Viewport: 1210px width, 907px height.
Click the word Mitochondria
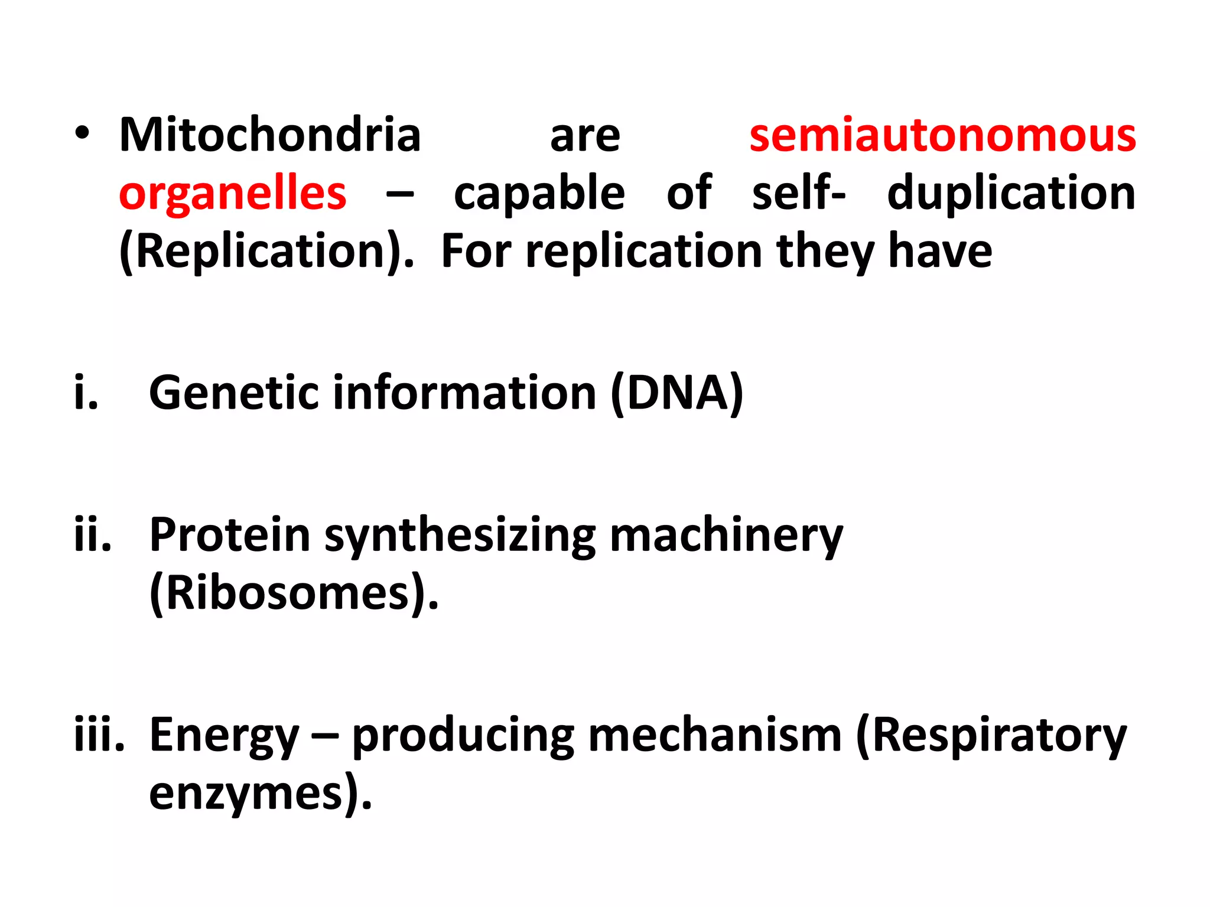(x=270, y=135)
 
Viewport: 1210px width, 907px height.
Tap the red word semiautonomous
(x=942, y=135)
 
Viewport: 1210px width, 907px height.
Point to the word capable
(x=539, y=194)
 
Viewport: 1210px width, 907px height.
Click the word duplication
(x=1011, y=193)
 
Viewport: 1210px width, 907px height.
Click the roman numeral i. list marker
(x=86, y=393)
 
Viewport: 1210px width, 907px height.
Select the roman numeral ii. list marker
(x=93, y=535)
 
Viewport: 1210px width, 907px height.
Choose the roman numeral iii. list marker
(x=99, y=735)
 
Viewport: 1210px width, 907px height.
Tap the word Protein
(x=230, y=535)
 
